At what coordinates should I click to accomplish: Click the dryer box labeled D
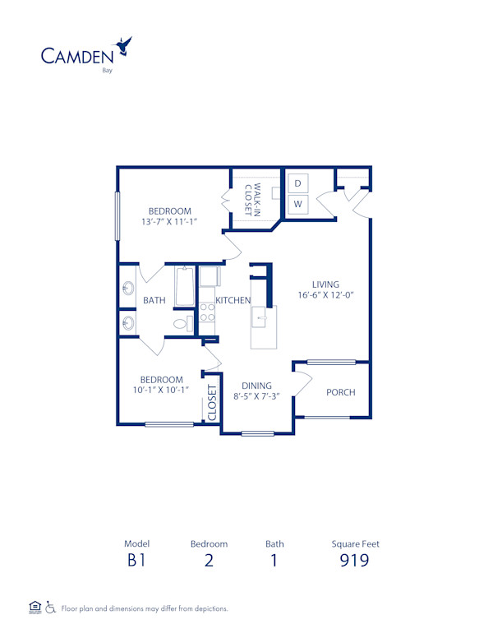[x=298, y=183]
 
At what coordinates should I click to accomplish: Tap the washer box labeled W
[x=298, y=203]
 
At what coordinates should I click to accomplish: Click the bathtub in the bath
[x=186, y=287]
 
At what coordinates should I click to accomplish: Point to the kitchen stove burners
[x=207, y=312]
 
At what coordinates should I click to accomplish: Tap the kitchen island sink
[x=265, y=317]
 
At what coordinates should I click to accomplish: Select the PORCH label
[x=340, y=392]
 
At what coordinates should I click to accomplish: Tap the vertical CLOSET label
[x=212, y=404]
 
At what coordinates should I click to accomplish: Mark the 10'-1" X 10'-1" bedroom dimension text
[x=161, y=391]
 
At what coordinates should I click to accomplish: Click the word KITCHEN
[x=233, y=301]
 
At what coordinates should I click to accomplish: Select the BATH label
[x=154, y=301]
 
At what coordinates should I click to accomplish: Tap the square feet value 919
[x=355, y=562]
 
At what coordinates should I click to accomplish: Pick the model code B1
[x=136, y=562]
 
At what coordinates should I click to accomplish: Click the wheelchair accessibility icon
[x=50, y=608]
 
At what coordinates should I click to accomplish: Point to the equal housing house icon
[x=35, y=608]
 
